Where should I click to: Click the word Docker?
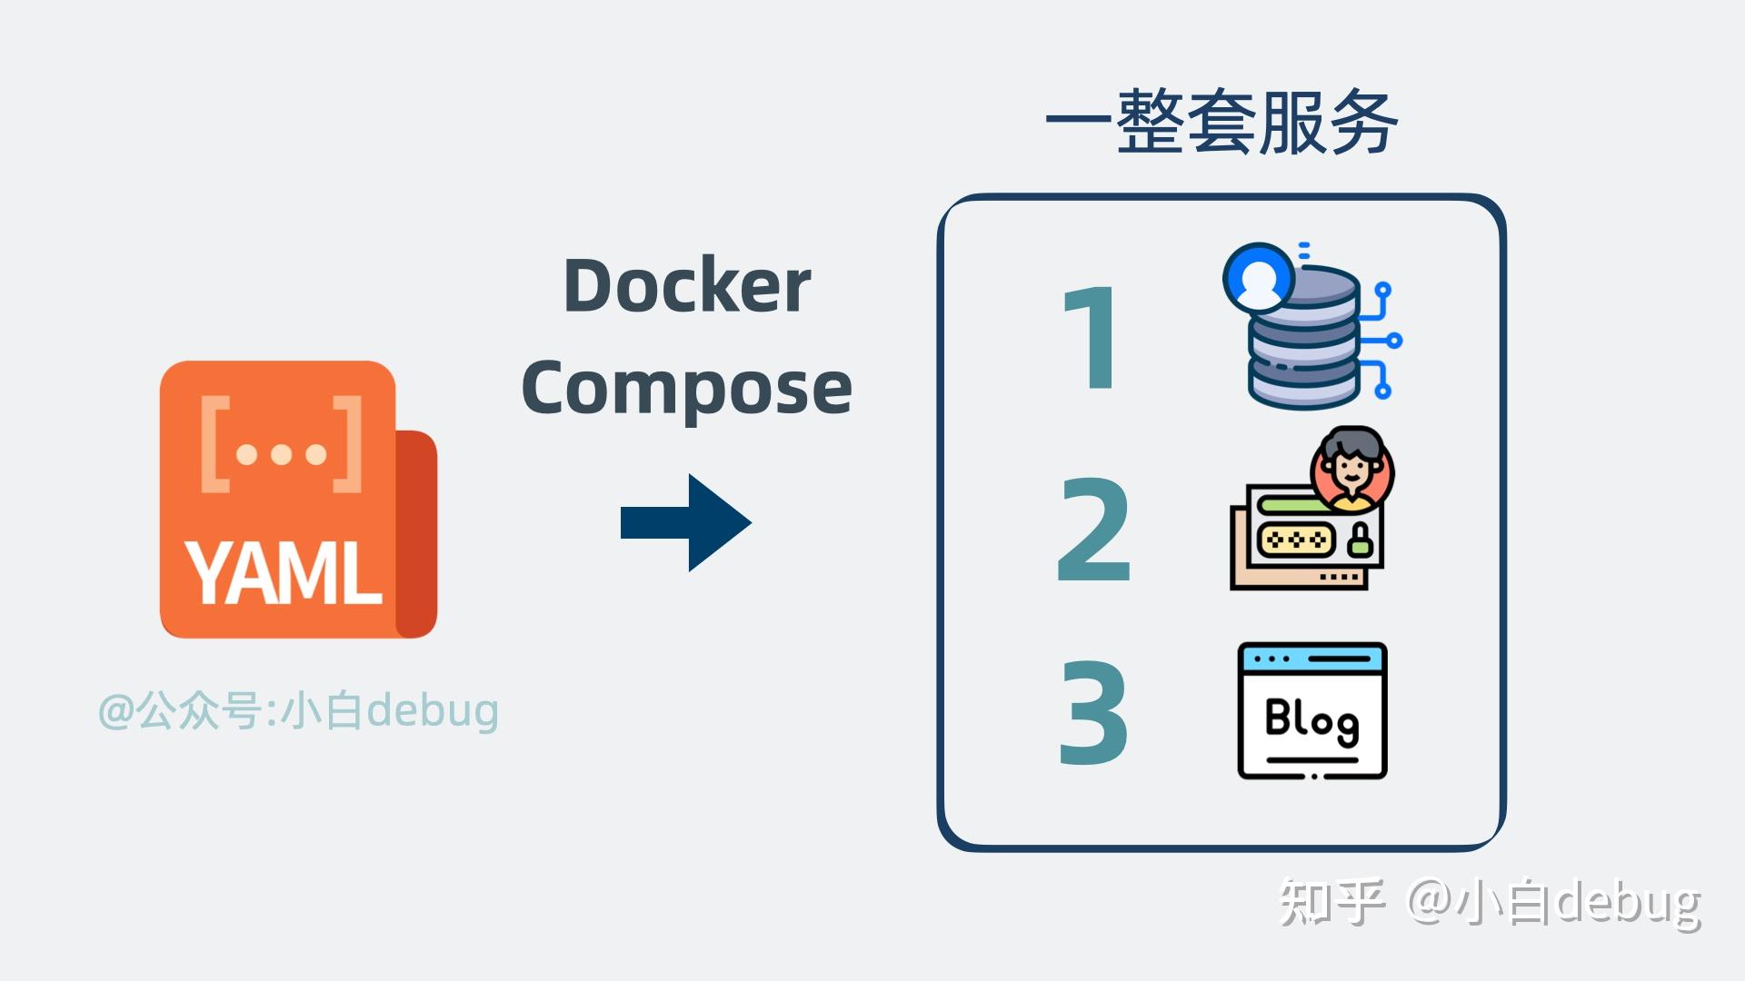pos(686,285)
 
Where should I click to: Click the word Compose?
pos(686,388)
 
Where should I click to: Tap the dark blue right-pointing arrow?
pos(686,522)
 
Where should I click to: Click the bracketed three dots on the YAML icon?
pos(281,445)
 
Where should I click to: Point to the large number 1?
pos(1092,337)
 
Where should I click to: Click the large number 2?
pos(1094,530)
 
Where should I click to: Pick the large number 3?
pos(1093,712)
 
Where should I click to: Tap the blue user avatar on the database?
pos(1259,276)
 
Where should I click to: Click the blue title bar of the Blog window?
pos(1311,658)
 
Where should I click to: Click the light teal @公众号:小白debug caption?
pos(298,710)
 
